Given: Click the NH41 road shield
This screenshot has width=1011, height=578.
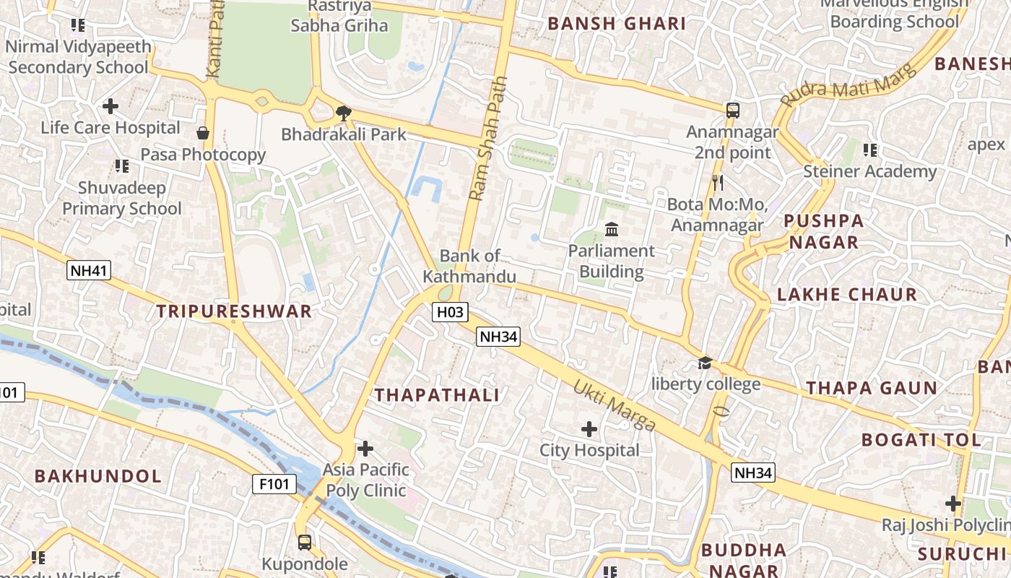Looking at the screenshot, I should tap(89, 271).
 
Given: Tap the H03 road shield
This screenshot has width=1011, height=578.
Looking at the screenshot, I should tap(451, 312).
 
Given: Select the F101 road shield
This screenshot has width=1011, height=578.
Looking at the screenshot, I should tap(274, 483).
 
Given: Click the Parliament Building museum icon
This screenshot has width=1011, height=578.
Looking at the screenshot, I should tap(612, 230).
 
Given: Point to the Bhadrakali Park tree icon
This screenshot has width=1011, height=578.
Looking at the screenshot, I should tap(343, 113).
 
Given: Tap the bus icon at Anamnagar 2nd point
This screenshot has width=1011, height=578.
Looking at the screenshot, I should tap(732, 110).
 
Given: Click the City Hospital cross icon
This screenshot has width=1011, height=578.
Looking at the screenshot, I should tap(589, 429).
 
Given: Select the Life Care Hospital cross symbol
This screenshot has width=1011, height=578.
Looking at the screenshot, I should tap(110, 106).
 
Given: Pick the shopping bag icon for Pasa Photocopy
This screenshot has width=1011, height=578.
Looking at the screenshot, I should tap(203, 133).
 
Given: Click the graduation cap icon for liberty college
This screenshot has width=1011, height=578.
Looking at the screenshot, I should tap(705, 363).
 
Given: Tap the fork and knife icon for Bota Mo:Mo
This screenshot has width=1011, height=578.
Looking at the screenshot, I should tap(717, 182).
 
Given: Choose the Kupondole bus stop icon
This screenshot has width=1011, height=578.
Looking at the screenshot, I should tap(305, 542).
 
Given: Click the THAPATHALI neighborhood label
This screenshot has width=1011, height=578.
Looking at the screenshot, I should tap(437, 395).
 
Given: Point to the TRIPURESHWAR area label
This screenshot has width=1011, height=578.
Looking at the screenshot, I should tap(234, 311).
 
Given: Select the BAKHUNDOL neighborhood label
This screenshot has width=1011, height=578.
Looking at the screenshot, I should tap(98, 476).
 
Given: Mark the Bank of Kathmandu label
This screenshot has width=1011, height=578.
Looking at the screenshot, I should tap(469, 266).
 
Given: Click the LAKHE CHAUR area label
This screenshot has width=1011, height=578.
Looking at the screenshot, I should tap(847, 294).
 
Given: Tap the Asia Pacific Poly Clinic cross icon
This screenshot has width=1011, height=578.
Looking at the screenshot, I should tap(365, 449).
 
